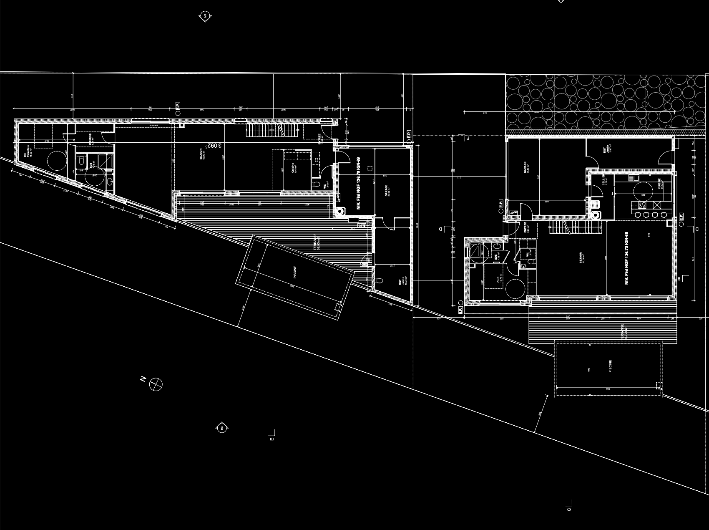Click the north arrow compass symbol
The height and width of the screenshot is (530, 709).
coord(156,384)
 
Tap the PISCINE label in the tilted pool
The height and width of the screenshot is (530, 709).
coord(295,273)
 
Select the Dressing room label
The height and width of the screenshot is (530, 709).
coord(91,138)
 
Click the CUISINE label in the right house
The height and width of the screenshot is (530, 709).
coord(659,184)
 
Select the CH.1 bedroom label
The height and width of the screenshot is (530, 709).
coord(499,279)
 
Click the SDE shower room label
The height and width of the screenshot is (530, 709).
coord(496,257)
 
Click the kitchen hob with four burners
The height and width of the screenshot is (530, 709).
coord(641,204)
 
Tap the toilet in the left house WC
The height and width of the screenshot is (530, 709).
coord(317,184)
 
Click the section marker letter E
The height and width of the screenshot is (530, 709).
coord(272,439)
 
